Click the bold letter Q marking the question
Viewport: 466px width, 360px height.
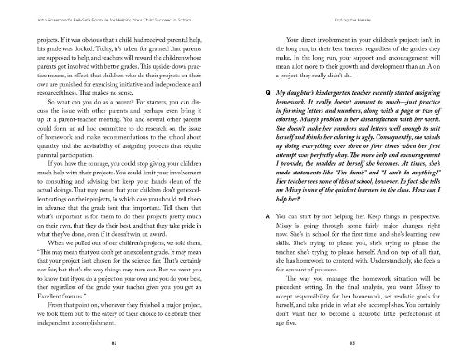coord(242,95)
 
